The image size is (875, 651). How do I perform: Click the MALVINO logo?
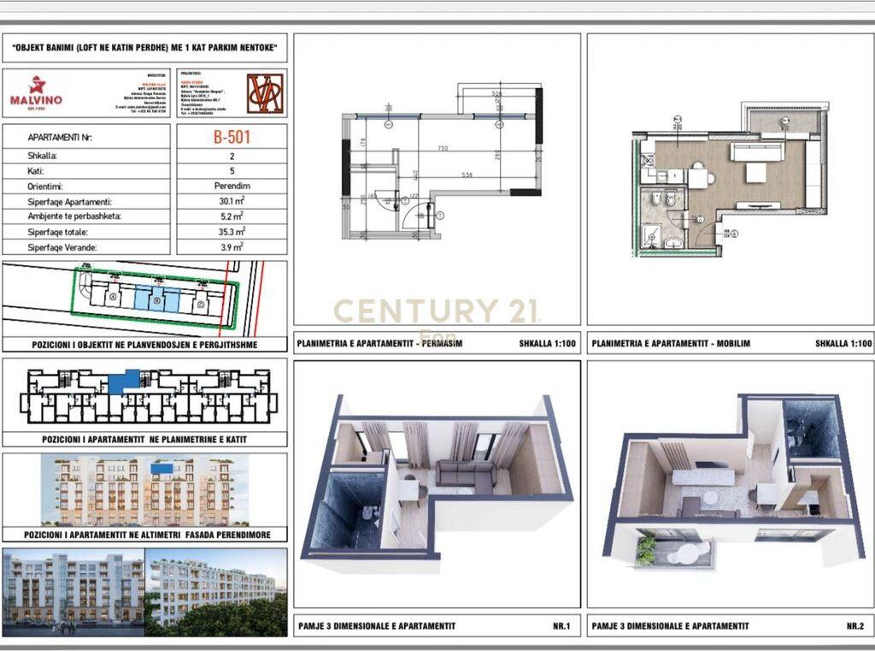(36, 92)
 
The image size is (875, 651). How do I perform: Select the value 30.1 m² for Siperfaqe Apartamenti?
(231, 201)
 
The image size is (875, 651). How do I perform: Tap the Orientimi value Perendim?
(231, 186)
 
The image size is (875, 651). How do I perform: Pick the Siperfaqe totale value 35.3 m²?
(231, 232)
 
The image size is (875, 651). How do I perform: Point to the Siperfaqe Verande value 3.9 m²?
(231, 247)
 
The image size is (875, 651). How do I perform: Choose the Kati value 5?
(231, 170)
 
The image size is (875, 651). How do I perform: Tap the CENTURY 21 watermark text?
(436, 311)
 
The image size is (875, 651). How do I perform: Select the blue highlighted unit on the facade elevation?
(161, 468)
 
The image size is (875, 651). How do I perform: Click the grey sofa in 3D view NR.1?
(464, 475)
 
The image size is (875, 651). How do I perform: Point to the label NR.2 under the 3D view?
(854, 626)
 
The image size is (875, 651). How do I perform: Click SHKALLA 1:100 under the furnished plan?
(843, 345)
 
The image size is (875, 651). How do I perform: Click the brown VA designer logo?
(265, 93)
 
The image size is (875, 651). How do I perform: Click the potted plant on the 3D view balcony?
(647, 549)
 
